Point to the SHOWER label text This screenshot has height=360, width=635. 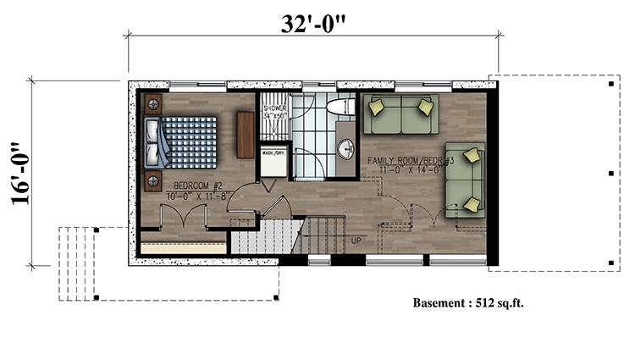pyautogui.click(x=275, y=109)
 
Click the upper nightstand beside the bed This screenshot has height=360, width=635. pyautogui.click(x=153, y=105)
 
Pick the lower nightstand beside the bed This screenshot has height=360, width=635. pyautogui.click(x=153, y=179)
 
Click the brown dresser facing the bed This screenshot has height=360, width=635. pyautogui.click(x=246, y=136)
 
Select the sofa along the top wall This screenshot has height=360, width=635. pyautogui.click(x=400, y=114)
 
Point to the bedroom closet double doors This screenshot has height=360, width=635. pyautogui.click(x=185, y=218)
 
